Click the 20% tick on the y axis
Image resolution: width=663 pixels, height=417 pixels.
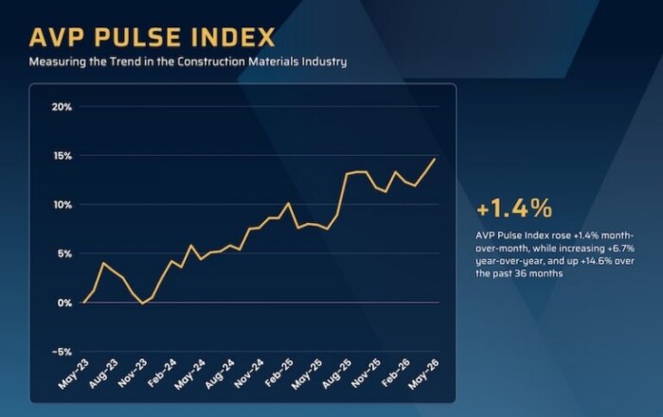point(62,107)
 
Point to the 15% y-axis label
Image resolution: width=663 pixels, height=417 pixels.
point(62,156)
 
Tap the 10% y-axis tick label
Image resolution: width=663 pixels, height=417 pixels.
point(62,205)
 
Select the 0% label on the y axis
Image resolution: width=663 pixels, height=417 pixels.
point(64,303)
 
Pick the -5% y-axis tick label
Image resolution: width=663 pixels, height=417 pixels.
point(62,352)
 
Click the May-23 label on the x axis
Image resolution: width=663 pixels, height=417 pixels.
point(74,374)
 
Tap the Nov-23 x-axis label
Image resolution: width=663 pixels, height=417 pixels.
point(133,374)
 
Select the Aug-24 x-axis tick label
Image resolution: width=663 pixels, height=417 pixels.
point(220,374)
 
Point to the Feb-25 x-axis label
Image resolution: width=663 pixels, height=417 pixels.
point(278,374)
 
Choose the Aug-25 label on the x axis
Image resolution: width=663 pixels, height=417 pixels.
point(337,374)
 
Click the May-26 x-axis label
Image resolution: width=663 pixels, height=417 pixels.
point(423,374)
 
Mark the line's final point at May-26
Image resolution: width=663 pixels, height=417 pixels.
point(435,159)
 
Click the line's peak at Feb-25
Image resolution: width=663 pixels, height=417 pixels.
point(288,203)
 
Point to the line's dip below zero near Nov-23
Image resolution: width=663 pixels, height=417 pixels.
point(142,304)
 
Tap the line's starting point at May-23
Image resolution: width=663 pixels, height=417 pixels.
point(84,303)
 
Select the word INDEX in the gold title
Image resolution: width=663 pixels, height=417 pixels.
point(233,37)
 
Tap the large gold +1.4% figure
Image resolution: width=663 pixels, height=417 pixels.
point(514,208)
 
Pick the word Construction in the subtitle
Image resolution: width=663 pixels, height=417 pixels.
point(211,61)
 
